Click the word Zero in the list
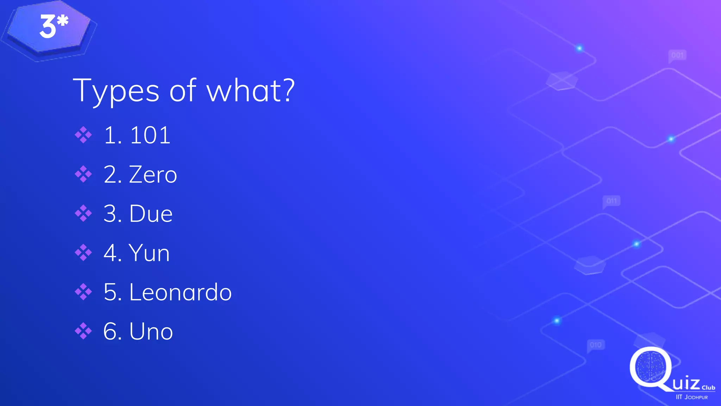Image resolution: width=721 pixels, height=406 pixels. pyautogui.click(x=153, y=174)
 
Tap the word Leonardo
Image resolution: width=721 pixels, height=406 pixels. pyautogui.click(x=180, y=292)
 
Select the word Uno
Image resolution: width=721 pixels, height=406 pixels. pyautogui.click(x=151, y=331)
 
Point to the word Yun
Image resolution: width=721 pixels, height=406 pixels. pyautogui.click(x=149, y=253)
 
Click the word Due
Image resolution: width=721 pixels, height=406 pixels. pyautogui.click(x=151, y=214)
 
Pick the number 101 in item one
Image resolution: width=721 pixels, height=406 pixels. pyautogui.click(x=150, y=135)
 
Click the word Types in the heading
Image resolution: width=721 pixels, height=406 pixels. pyautogui.click(x=116, y=91)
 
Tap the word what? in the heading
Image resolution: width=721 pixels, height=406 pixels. pyautogui.click(x=250, y=91)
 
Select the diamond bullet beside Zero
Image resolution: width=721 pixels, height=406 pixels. pyautogui.click(x=83, y=174)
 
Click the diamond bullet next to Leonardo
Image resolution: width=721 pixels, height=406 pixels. pyautogui.click(x=83, y=292)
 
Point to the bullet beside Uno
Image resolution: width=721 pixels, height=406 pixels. pyautogui.click(x=83, y=331)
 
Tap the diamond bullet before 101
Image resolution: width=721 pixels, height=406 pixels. pyautogui.click(x=83, y=135)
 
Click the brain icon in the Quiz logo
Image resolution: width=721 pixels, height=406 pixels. pyautogui.click(x=651, y=367)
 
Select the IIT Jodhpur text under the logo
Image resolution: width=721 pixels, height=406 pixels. pyautogui.click(x=691, y=397)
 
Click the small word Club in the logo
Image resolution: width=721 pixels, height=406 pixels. pyautogui.click(x=708, y=388)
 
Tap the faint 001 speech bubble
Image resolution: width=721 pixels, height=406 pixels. pyautogui.click(x=677, y=55)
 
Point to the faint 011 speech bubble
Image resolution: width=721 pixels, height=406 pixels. pyautogui.click(x=612, y=201)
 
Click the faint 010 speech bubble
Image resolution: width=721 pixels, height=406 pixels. pyautogui.click(x=596, y=345)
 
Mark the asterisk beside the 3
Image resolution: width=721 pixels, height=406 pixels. pyautogui.click(x=63, y=21)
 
